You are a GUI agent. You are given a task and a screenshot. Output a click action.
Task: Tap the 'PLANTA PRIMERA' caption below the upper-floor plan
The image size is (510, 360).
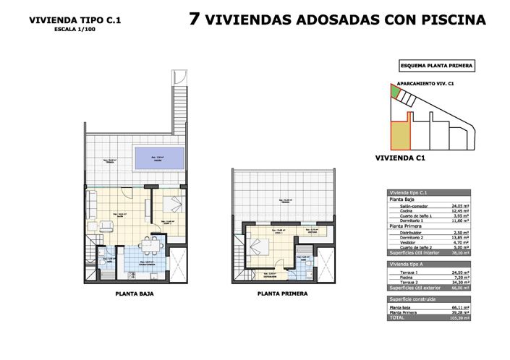pyautogui.click(x=281, y=294)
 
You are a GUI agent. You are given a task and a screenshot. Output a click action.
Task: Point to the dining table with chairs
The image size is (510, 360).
pyautogui.click(x=152, y=246)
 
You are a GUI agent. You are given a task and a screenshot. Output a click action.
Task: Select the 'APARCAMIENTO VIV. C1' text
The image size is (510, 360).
pyautogui.click(x=430, y=83)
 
